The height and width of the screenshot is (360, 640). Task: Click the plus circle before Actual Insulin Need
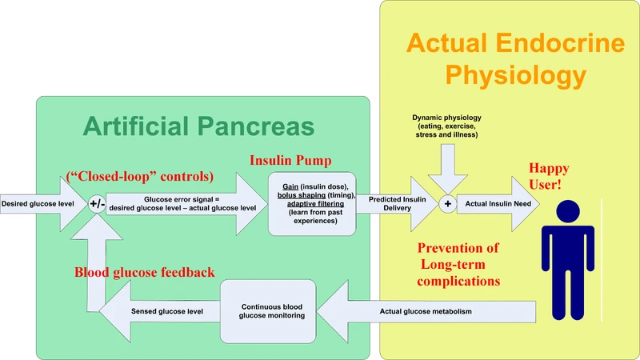coord(447,204)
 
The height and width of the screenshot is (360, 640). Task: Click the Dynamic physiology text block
coord(447,126)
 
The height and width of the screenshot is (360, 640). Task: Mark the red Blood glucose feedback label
coord(144,272)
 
